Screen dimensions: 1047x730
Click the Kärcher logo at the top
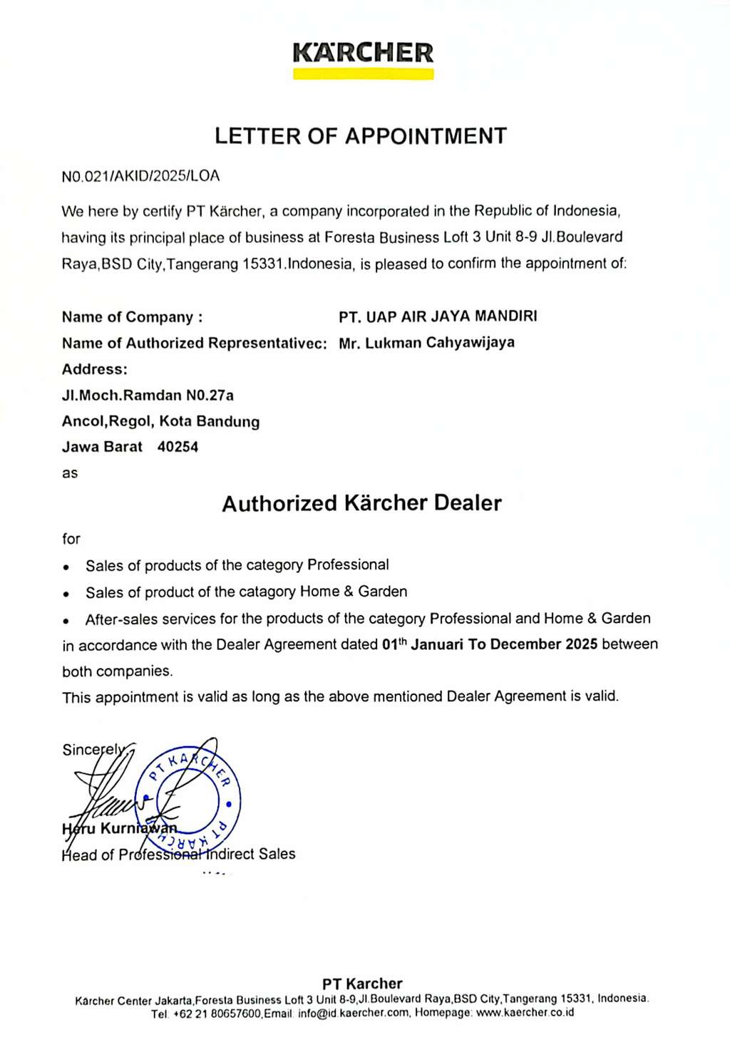tap(363, 53)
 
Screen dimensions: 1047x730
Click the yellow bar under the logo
tap(363, 74)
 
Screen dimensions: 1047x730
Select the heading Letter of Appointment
tap(361, 136)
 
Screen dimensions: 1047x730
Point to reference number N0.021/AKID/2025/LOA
tap(140, 176)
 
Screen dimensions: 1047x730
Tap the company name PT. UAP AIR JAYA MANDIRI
tap(438, 316)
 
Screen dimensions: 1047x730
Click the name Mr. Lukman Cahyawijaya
tap(426, 343)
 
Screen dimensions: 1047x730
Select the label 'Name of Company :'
tap(132, 317)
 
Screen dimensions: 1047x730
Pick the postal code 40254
tap(178, 447)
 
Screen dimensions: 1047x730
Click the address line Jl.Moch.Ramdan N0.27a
tap(148, 395)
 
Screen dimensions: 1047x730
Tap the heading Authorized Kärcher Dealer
tap(361, 503)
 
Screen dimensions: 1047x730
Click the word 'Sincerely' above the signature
tap(93, 750)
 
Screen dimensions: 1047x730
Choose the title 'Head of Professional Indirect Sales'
tap(178, 854)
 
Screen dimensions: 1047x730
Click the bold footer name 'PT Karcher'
tap(362, 984)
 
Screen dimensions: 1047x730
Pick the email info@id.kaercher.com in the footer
tap(354, 1013)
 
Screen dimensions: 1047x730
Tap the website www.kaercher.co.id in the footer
tap(525, 1013)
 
